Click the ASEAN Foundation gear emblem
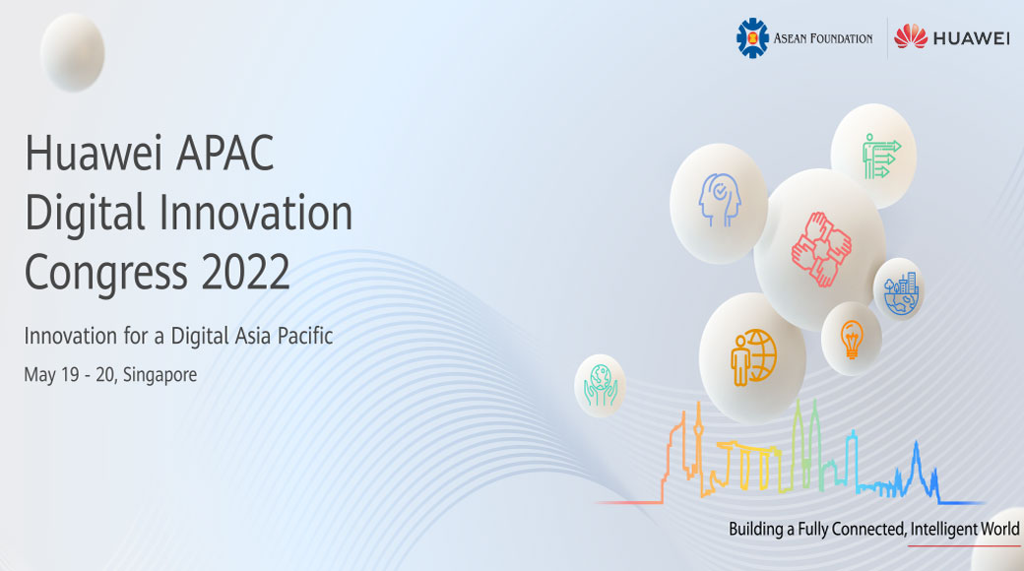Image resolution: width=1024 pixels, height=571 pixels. pos(752,37)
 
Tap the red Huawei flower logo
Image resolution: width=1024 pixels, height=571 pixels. pos(911,36)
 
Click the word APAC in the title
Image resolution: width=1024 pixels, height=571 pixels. pos(225,153)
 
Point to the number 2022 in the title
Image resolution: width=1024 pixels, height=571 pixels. pos(245,273)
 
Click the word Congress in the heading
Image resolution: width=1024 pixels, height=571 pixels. pos(106,274)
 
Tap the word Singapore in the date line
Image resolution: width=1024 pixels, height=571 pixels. pos(160,375)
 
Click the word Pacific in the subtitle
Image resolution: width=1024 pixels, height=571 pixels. pos(305,336)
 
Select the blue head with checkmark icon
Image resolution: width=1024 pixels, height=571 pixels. pos(719,200)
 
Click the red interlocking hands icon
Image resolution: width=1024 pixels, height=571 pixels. pos(821,249)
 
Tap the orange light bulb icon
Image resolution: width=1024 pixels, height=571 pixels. pos(852,339)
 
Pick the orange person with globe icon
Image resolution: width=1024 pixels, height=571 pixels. pos(753,356)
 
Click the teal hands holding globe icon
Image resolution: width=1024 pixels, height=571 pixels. pos(601,386)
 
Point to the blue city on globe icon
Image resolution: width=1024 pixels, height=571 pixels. pos(901,294)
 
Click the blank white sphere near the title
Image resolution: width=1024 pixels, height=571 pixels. pos(73,52)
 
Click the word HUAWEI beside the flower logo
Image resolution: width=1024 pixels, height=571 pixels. pos(972,38)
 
